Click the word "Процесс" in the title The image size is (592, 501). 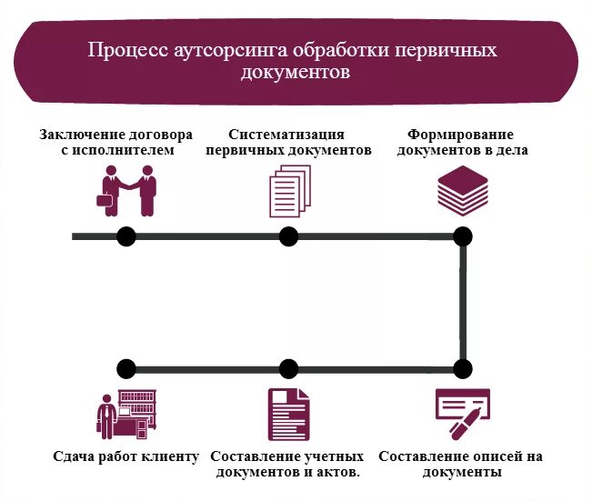(x=122, y=50)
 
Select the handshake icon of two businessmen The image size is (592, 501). (x=126, y=190)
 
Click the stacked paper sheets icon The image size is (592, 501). (x=289, y=192)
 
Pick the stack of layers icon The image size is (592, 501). (x=463, y=189)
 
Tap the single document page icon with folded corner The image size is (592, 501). (x=288, y=415)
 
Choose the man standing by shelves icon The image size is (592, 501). (x=126, y=414)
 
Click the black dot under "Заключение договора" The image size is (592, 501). (x=126, y=236)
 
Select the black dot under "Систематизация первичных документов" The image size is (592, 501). (x=288, y=236)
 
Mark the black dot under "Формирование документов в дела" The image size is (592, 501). (x=463, y=236)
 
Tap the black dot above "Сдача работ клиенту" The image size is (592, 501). (x=126, y=369)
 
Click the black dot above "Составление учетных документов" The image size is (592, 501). (x=288, y=369)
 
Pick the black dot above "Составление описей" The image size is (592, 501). (x=463, y=369)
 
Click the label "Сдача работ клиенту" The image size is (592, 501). (x=126, y=456)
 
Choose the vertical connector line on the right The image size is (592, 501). (x=464, y=303)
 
